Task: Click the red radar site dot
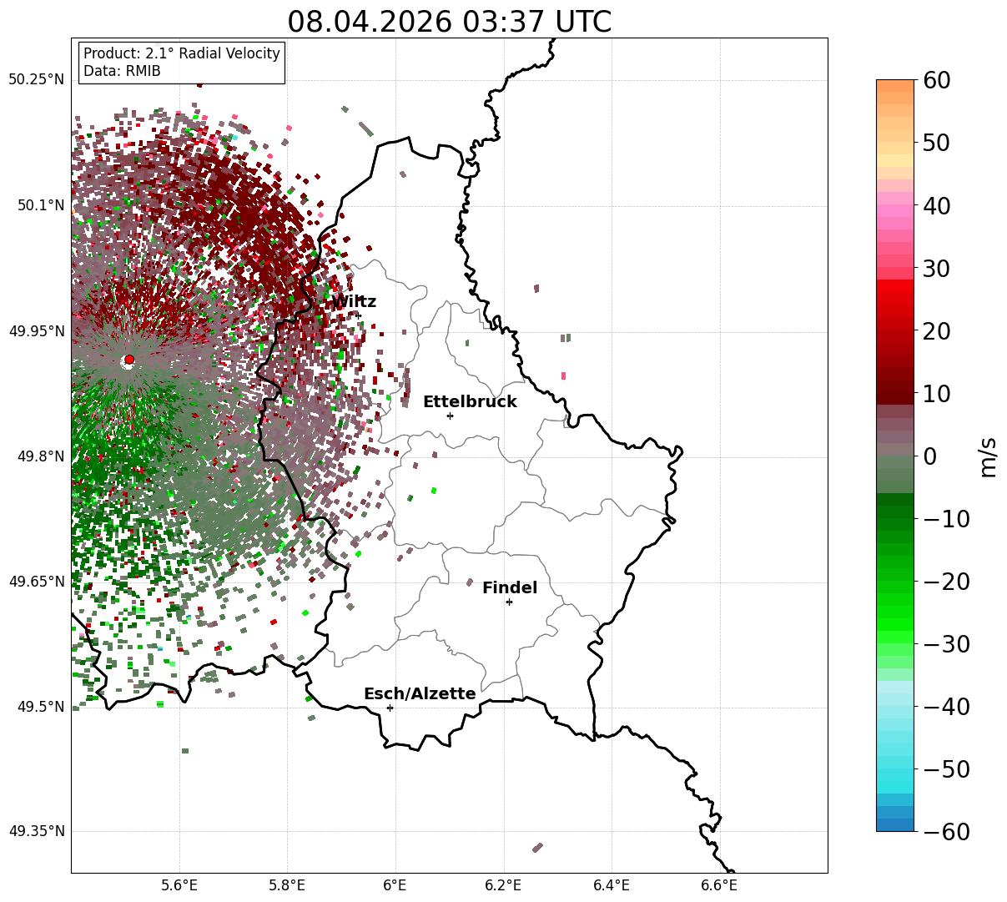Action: point(129,360)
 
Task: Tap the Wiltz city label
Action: point(354,302)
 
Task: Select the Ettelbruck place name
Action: point(470,402)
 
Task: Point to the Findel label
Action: point(510,587)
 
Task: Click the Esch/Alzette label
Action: point(420,693)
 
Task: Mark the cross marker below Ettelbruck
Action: point(450,416)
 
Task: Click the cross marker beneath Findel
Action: point(509,602)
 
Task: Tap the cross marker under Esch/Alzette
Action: point(390,708)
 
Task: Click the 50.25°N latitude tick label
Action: point(36,79)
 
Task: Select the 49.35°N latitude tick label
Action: point(36,831)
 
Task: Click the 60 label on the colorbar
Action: point(936,80)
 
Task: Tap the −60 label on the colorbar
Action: point(946,831)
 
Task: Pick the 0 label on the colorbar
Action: point(930,456)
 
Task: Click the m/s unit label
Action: point(988,457)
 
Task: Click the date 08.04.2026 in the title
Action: point(370,23)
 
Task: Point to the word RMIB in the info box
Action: point(143,71)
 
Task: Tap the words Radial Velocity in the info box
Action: point(229,53)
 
